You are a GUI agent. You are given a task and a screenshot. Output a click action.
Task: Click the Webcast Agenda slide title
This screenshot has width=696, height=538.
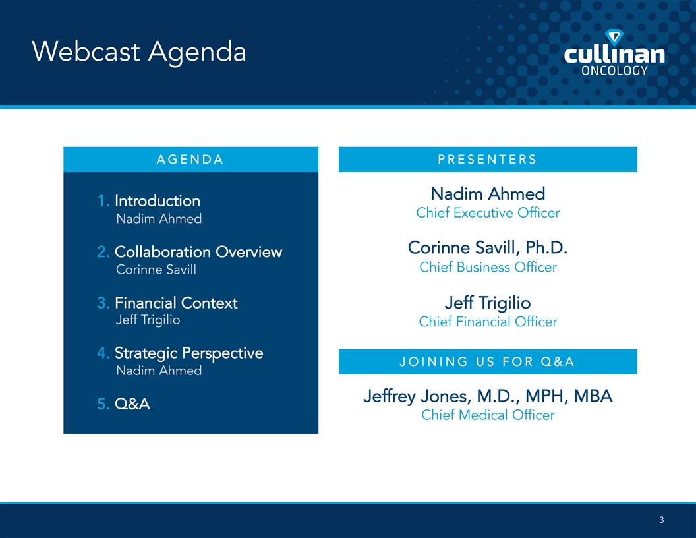coord(139,52)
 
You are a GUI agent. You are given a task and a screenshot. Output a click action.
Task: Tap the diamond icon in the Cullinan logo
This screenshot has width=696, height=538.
coord(614,38)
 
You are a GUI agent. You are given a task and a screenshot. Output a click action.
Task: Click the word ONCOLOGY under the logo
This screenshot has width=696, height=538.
coord(614,70)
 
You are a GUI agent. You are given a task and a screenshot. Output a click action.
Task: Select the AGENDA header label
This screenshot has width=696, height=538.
coord(190,160)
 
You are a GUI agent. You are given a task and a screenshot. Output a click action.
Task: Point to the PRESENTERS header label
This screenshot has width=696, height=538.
coord(487,160)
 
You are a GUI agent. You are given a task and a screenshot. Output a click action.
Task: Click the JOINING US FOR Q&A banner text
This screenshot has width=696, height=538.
coord(487,362)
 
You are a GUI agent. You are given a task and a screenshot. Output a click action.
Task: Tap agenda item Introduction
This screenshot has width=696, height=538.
coord(158,201)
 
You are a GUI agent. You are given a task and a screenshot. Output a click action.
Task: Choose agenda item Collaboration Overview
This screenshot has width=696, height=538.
coord(198,252)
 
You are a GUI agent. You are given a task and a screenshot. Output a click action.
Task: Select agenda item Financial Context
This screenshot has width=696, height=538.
coord(176,303)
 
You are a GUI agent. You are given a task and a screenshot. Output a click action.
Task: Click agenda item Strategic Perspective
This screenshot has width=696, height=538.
coord(188,353)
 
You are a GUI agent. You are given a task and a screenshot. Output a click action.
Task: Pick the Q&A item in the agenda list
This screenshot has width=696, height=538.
coord(132,404)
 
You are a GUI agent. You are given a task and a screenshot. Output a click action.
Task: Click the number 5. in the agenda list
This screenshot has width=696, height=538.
coord(103,404)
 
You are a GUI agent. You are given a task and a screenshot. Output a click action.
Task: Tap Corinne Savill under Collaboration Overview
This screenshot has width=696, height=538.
coord(156,270)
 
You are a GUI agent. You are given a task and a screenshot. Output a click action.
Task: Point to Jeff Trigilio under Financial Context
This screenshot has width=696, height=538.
coord(148,320)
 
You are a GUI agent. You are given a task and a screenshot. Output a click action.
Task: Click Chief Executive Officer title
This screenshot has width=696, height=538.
coord(488,213)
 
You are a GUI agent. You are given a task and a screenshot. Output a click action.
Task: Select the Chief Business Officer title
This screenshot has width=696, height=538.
coord(488,267)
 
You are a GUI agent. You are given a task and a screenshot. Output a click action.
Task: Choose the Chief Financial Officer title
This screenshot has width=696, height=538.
coord(488,322)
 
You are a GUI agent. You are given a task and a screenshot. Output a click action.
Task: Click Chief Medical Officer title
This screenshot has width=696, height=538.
coord(488,415)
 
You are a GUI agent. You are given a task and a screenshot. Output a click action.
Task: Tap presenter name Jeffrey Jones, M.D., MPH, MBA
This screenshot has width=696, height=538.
coord(488,396)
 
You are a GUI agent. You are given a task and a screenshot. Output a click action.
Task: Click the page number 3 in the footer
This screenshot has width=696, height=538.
coord(661,520)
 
